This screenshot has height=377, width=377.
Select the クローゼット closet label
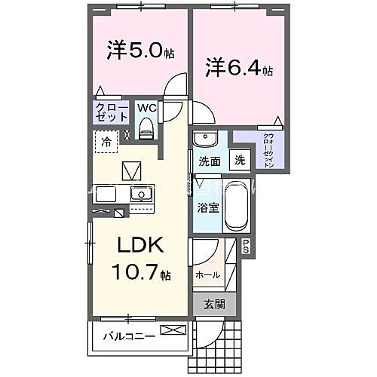tap(111, 113)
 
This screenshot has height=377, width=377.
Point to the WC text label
tap(146, 108)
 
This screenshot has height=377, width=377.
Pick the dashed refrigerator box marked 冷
tap(106, 141)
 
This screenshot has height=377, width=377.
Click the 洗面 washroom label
tap(209, 161)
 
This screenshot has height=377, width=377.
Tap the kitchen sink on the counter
tap(139, 196)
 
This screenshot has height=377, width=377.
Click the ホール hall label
tap(207, 275)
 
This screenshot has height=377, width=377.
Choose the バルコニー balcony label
tap(129, 336)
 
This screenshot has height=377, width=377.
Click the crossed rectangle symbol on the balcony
tap(172, 330)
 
